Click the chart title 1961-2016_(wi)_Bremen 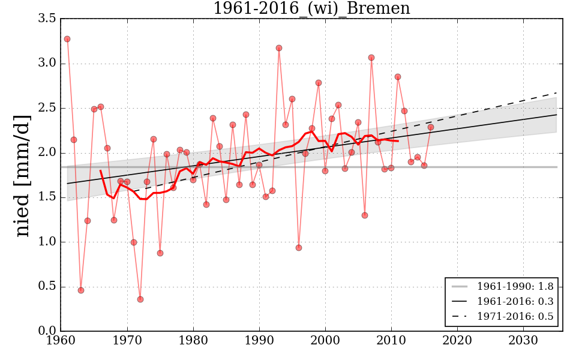[x=311, y=9]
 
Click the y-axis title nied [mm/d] [x=22, y=175]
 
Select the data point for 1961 [x=67, y=39]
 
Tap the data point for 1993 [x=279, y=48]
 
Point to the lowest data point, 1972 [x=140, y=299]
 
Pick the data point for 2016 [x=431, y=127]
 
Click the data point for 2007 [x=371, y=58]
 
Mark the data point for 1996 [x=299, y=248]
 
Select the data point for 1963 [x=81, y=290]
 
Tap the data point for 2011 [x=398, y=77]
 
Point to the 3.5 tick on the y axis [x=49, y=19]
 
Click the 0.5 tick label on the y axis [x=49, y=287]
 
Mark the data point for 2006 [x=365, y=215]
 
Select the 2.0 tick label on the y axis [x=49, y=153]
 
